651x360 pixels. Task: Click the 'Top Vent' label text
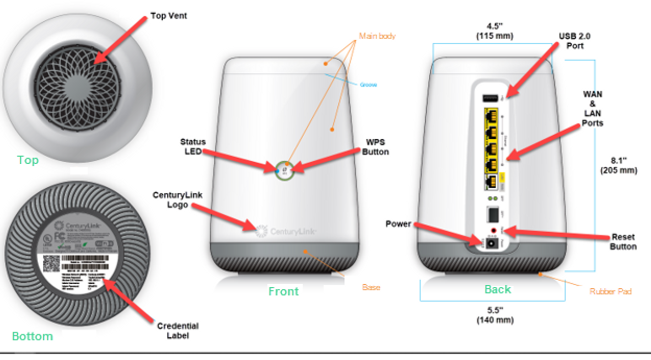[169, 16]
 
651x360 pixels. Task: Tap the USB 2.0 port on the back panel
[491, 98]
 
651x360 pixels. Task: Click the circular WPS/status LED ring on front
[284, 171]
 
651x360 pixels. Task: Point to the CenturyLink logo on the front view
[287, 231]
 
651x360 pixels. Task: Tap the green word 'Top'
[28, 160]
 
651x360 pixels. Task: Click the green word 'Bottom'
[33, 336]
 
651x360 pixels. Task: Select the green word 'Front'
[283, 291]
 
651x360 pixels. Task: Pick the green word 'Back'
[497, 289]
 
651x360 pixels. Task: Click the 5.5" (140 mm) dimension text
[495, 315]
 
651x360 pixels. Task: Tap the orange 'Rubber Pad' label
[610, 291]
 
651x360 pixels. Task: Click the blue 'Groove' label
[368, 85]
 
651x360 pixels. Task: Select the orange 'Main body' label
[377, 36]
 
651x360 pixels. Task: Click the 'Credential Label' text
[177, 331]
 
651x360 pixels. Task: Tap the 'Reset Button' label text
[623, 242]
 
